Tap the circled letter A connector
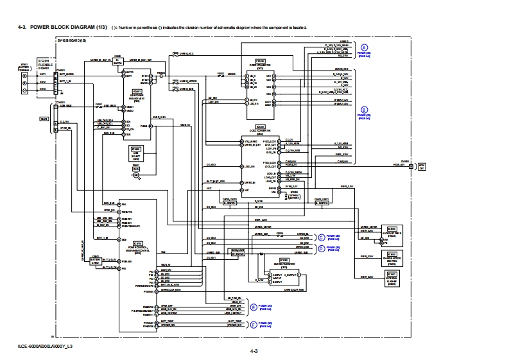point(364,48)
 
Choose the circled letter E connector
point(254,307)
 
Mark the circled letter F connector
point(254,325)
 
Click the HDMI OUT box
point(422,166)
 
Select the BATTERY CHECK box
point(95,261)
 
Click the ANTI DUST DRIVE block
point(392,232)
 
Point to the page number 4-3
point(254,351)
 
